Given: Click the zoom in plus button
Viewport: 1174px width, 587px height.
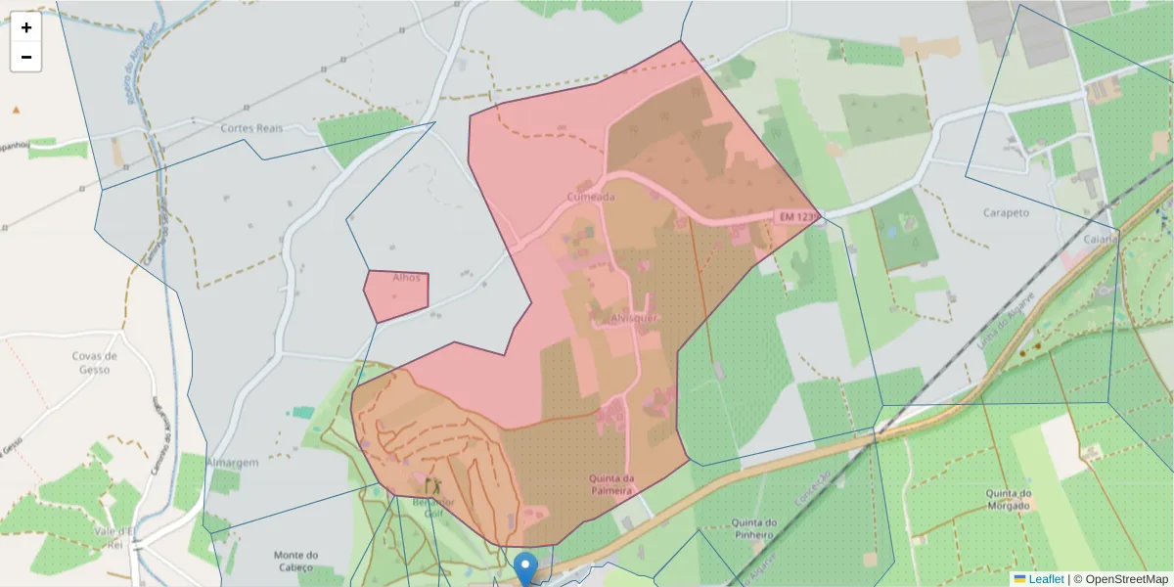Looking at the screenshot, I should (x=26, y=27).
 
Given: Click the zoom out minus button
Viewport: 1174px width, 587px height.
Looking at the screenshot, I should (x=26, y=57).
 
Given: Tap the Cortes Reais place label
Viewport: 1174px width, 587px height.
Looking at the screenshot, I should (x=251, y=128).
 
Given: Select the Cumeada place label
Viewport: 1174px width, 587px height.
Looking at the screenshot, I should (x=591, y=197).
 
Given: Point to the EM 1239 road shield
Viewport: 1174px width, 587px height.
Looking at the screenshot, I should (x=796, y=216).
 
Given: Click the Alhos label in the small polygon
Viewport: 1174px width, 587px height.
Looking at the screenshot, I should (x=406, y=278).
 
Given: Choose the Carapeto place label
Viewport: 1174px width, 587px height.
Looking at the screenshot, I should (x=1007, y=212).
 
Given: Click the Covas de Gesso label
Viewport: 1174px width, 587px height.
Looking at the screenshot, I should (x=96, y=363).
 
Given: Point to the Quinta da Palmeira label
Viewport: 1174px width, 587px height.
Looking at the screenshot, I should (x=612, y=484).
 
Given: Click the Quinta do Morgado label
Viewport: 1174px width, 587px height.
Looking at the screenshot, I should (x=1011, y=499).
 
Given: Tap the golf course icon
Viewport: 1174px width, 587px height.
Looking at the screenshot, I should (x=432, y=485).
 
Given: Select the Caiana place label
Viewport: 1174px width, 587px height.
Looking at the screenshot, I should (x=1100, y=238).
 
